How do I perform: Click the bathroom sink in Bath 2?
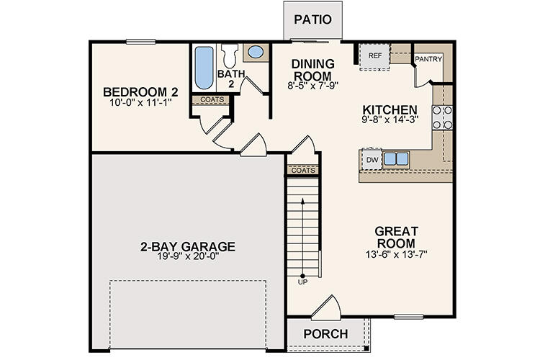point(254,52)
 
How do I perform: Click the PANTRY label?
point(428,60)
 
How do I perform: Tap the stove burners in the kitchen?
point(442,117)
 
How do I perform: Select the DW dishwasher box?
point(372,159)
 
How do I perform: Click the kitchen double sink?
point(396,158)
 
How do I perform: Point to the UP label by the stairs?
point(302,282)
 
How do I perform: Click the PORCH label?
point(325,334)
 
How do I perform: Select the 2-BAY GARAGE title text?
point(188,246)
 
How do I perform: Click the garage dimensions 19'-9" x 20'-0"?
point(188,258)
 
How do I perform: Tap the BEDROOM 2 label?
point(140,92)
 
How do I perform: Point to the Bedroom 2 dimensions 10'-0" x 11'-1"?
point(140,104)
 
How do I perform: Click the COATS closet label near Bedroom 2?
point(211,100)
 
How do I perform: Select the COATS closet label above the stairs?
point(302,171)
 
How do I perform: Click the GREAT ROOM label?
point(396,238)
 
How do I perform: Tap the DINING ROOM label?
point(312,70)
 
